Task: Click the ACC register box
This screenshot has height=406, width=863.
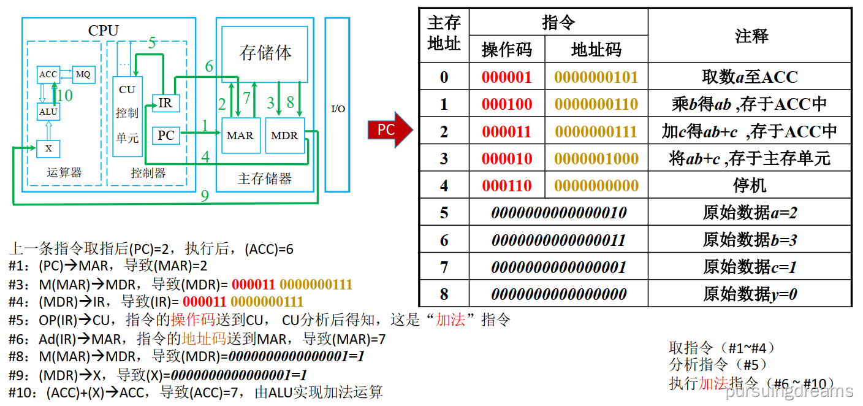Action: [48, 75]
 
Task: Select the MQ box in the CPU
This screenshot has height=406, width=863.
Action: [83, 75]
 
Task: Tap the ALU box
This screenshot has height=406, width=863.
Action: [48, 112]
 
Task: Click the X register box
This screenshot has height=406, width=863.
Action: [48, 148]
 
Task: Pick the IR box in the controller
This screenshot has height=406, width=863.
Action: [165, 103]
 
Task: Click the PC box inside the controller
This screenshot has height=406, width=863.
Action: [165, 135]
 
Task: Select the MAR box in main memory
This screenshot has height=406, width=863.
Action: [240, 136]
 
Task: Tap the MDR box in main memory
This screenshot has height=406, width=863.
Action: [284, 136]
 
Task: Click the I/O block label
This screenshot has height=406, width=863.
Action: [338, 109]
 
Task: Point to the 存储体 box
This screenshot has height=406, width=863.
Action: [265, 53]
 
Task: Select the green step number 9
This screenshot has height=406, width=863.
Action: [205, 196]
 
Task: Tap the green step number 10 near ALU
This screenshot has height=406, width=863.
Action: [64, 96]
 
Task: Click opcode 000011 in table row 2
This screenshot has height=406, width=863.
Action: [507, 131]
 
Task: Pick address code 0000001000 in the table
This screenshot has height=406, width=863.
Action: [596, 158]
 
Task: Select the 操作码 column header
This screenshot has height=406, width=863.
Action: [507, 49]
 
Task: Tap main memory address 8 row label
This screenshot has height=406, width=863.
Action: [444, 294]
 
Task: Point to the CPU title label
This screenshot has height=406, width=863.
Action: [104, 31]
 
